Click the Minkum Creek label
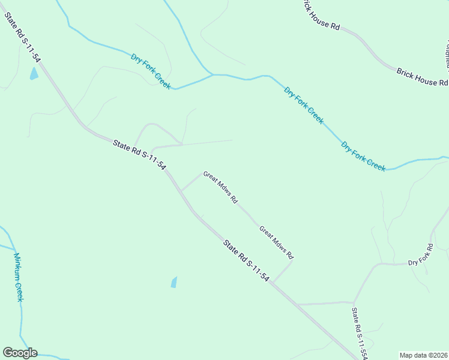[19, 277]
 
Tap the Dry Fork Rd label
[421, 255]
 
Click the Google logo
[20, 353]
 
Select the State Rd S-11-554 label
[360, 334]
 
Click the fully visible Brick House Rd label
[422, 77]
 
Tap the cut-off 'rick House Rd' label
[321, 16]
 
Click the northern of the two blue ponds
[34, 74]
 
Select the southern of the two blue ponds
[174, 282]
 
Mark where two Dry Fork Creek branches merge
[212, 75]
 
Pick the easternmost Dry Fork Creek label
[363, 156]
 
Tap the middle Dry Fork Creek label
[304, 106]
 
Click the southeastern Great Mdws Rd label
[276, 242]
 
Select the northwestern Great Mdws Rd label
[221, 187]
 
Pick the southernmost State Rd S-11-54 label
[246, 261]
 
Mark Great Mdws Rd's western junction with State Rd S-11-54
[181, 191]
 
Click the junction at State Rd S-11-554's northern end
[354, 302]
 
